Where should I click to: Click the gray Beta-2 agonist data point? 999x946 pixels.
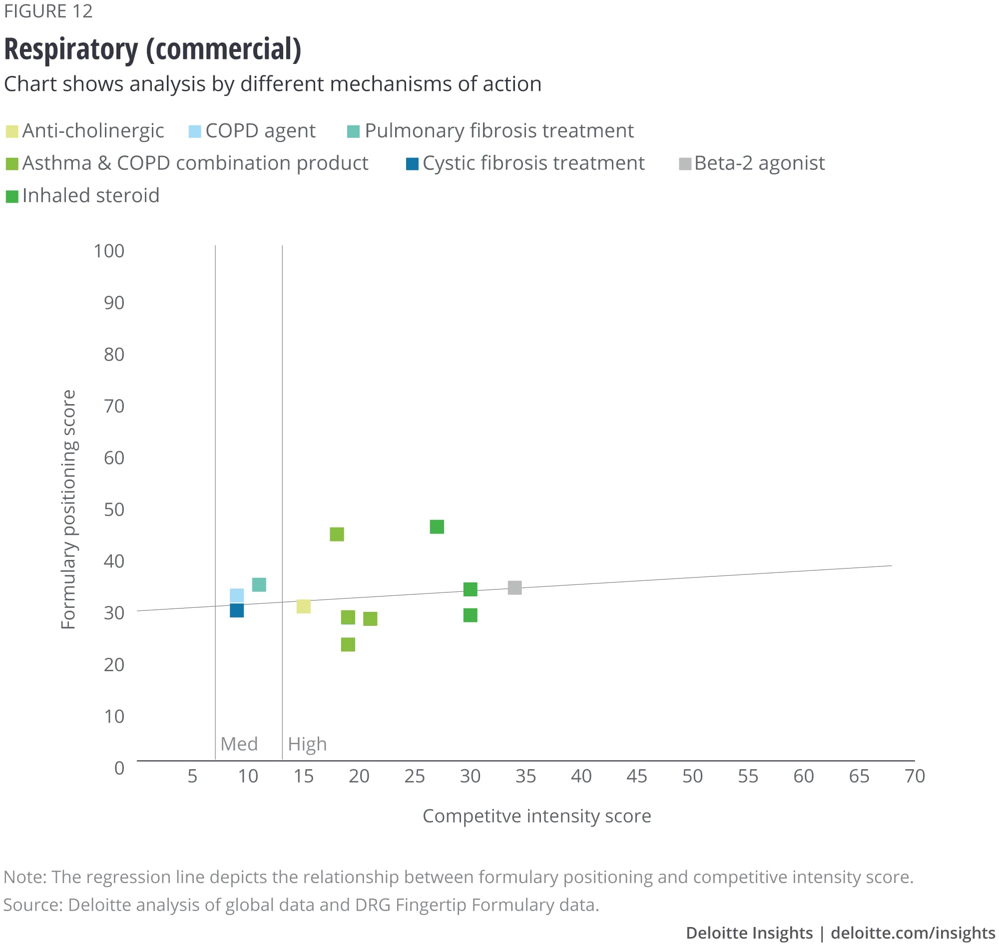pyautogui.click(x=514, y=587)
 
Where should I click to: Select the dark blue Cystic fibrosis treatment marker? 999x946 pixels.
pyautogui.click(x=236, y=610)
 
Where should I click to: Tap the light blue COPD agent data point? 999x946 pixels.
pyautogui.click(x=236, y=595)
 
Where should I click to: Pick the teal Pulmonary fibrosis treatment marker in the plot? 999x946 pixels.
pyautogui.click(x=259, y=584)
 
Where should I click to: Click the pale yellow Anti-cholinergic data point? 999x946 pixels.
pyautogui.click(x=303, y=606)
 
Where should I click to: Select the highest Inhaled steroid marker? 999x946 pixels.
pyautogui.click(x=437, y=526)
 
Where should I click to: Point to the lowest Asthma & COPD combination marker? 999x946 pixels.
pyautogui.click(x=348, y=644)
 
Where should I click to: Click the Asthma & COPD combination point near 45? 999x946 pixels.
pyautogui.click(x=337, y=534)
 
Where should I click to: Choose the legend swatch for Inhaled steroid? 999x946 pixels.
pyautogui.click(x=12, y=196)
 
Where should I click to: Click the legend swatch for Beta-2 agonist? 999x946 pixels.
pyautogui.click(x=685, y=164)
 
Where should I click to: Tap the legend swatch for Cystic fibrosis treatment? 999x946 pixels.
pyautogui.click(x=412, y=164)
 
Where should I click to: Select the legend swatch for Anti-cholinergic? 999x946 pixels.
pyautogui.click(x=12, y=132)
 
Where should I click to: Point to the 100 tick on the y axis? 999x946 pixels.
pyautogui.click(x=109, y=251)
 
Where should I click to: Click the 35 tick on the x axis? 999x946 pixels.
pyautogui.click(x=525, y=776)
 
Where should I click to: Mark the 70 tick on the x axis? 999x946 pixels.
pyautogui.click(x=914, y=776)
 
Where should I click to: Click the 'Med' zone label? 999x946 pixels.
pyautogui.click(x=239, y=744)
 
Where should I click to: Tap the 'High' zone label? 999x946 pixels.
pyautogui.click(x=307, y=744)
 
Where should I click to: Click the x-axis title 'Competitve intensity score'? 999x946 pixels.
pyautogui.click(x=536, y=816)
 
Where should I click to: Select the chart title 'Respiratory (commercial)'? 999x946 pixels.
pyautogui.click(x=152, y=49)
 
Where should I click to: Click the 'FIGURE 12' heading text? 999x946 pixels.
pyautogui.click(x=48, y=11)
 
